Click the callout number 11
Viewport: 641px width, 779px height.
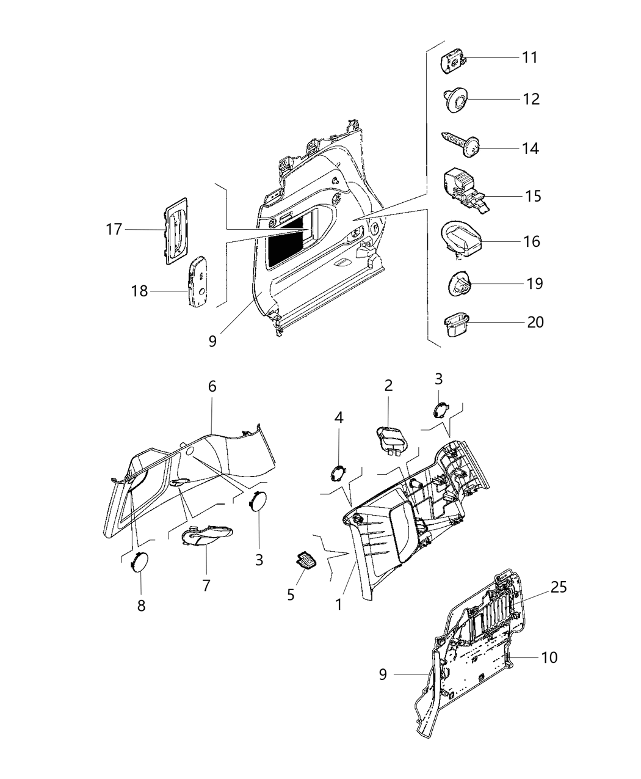point(529,57)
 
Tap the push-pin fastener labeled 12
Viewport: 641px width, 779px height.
point(455,100)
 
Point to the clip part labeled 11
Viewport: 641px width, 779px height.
point(453,62)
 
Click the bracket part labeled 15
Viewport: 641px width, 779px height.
point(463,188)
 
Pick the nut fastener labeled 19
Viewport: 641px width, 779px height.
point(459,283)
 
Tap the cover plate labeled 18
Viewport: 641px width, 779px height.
point(198,281)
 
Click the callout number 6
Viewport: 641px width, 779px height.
point(212,386)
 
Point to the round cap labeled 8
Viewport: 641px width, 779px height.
point(140,561)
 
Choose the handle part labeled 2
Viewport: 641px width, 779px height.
point(392,439)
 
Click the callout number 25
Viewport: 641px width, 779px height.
point(558,587)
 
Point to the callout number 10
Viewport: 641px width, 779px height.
point(549,657)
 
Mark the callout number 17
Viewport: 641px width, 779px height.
point(114,230)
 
